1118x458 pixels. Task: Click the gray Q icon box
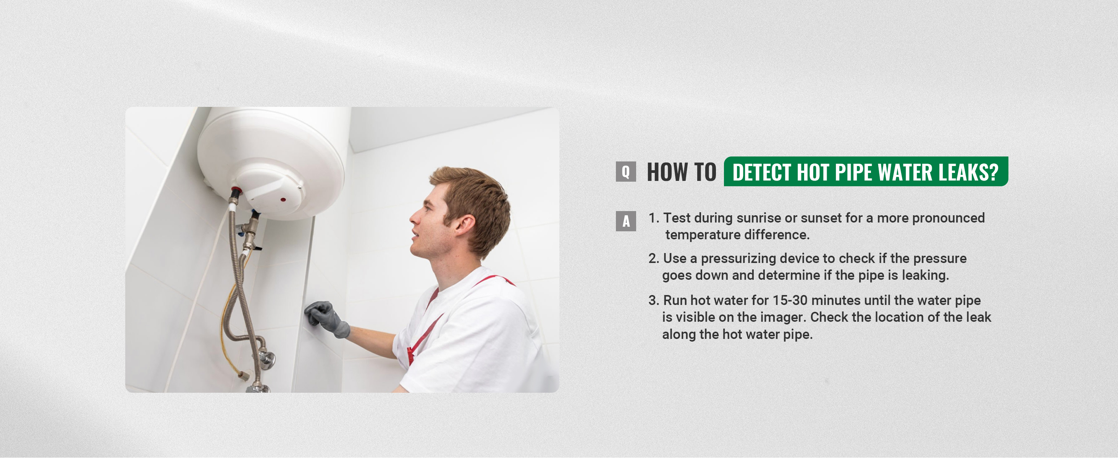click(626, 172)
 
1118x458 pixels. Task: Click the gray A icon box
click(626, 221)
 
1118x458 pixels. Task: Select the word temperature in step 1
click(700, 235)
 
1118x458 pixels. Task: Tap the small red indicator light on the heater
click(283, 200)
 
